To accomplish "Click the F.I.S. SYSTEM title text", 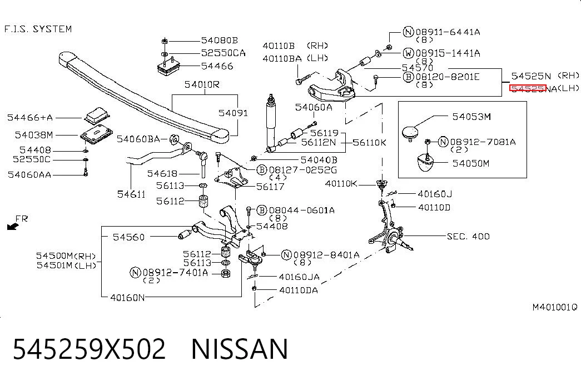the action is (x=38, y=29).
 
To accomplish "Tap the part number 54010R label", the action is (x=202, y=85).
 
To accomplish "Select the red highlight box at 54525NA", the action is (x=528, y=88).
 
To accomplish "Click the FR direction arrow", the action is (x=13, y=226).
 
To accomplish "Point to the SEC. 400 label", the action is (x=468, y=236).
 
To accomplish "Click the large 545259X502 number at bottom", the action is (x=90, y=349).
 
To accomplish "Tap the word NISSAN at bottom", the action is (x=240, y=349).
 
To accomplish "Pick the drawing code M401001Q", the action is (x=555, y=307).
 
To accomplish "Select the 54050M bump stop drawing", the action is (x=426, y=162).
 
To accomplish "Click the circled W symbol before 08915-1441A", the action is (x=408, y=53).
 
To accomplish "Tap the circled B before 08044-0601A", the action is (x=262, y=210).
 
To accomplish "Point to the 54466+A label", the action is (x=30, y=118).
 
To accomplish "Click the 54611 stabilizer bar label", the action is (x=132, y=194).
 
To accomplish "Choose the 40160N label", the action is (x=127, y=297).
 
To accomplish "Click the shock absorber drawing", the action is (x=271, y=123).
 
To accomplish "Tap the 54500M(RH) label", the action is (x=66, y=256).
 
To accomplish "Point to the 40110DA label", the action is (x=298, y=290).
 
